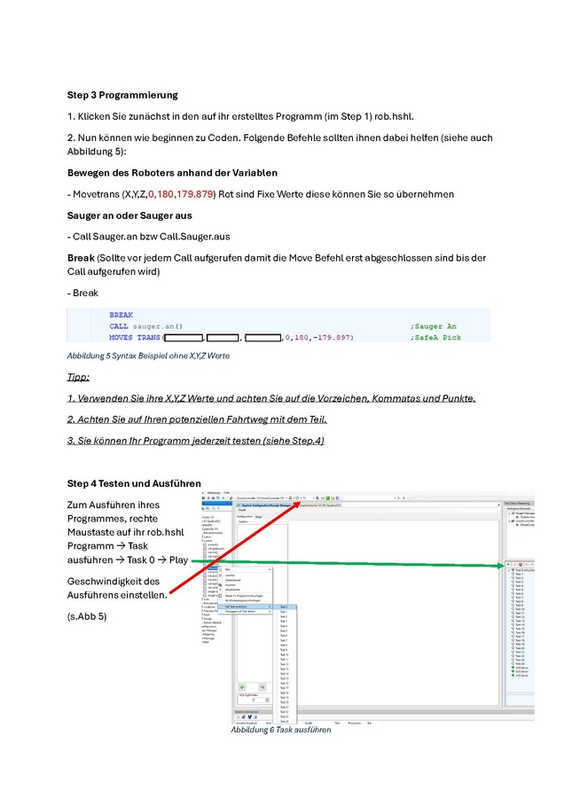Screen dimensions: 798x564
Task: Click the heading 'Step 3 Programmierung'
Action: (122, 95)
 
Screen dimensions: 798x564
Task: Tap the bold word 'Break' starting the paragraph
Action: (82, 258)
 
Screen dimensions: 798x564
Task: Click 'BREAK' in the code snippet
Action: (121, 315)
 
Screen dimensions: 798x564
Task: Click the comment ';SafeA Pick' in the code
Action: (435, 338)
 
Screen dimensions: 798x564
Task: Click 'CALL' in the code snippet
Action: (118, 326)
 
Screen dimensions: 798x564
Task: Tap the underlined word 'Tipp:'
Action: (78, 378)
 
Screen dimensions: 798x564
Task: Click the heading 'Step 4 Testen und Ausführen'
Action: (134, 483)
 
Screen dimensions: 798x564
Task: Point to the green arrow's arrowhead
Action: (503, 564)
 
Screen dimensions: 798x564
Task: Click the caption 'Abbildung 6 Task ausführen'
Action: (280, 730)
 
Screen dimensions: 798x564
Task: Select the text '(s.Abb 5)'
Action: (87, 615)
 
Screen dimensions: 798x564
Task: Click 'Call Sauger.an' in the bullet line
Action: (107, 237)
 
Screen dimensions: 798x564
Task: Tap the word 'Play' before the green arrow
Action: (178, 560)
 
